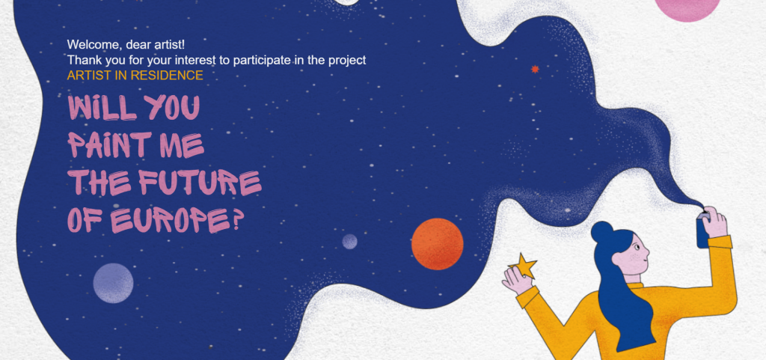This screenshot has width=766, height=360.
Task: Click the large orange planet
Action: [437, 244]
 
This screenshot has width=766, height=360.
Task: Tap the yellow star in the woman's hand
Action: [523, 266]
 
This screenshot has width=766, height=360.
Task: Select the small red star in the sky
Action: [535, 70]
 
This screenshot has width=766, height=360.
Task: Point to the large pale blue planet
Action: [114, 284]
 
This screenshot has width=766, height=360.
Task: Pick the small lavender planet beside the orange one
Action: [349, 241]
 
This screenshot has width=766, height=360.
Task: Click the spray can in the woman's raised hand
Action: [702, 231]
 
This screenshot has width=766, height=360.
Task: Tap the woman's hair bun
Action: [601, 232]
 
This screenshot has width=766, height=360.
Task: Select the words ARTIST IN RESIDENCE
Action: [135, 76]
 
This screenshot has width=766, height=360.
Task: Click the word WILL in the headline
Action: [102, 108]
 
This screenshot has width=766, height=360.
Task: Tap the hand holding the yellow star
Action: [518, 281]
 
